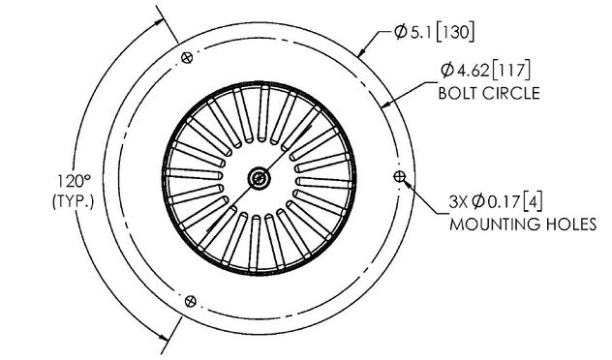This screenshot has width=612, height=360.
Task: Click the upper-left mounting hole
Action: point(187,58)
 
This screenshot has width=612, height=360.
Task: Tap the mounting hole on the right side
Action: point(399,177)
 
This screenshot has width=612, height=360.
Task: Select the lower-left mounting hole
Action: point(191,301)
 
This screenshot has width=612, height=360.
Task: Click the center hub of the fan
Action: point(260,179)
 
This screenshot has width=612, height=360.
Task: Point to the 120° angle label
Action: point(75,182)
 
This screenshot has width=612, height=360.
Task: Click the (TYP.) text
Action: point(74,201)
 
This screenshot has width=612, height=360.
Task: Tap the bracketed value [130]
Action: point(455,32)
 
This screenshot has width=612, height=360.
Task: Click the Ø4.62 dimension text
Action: point(465,71)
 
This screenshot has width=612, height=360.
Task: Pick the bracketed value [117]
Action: point(511,71)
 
